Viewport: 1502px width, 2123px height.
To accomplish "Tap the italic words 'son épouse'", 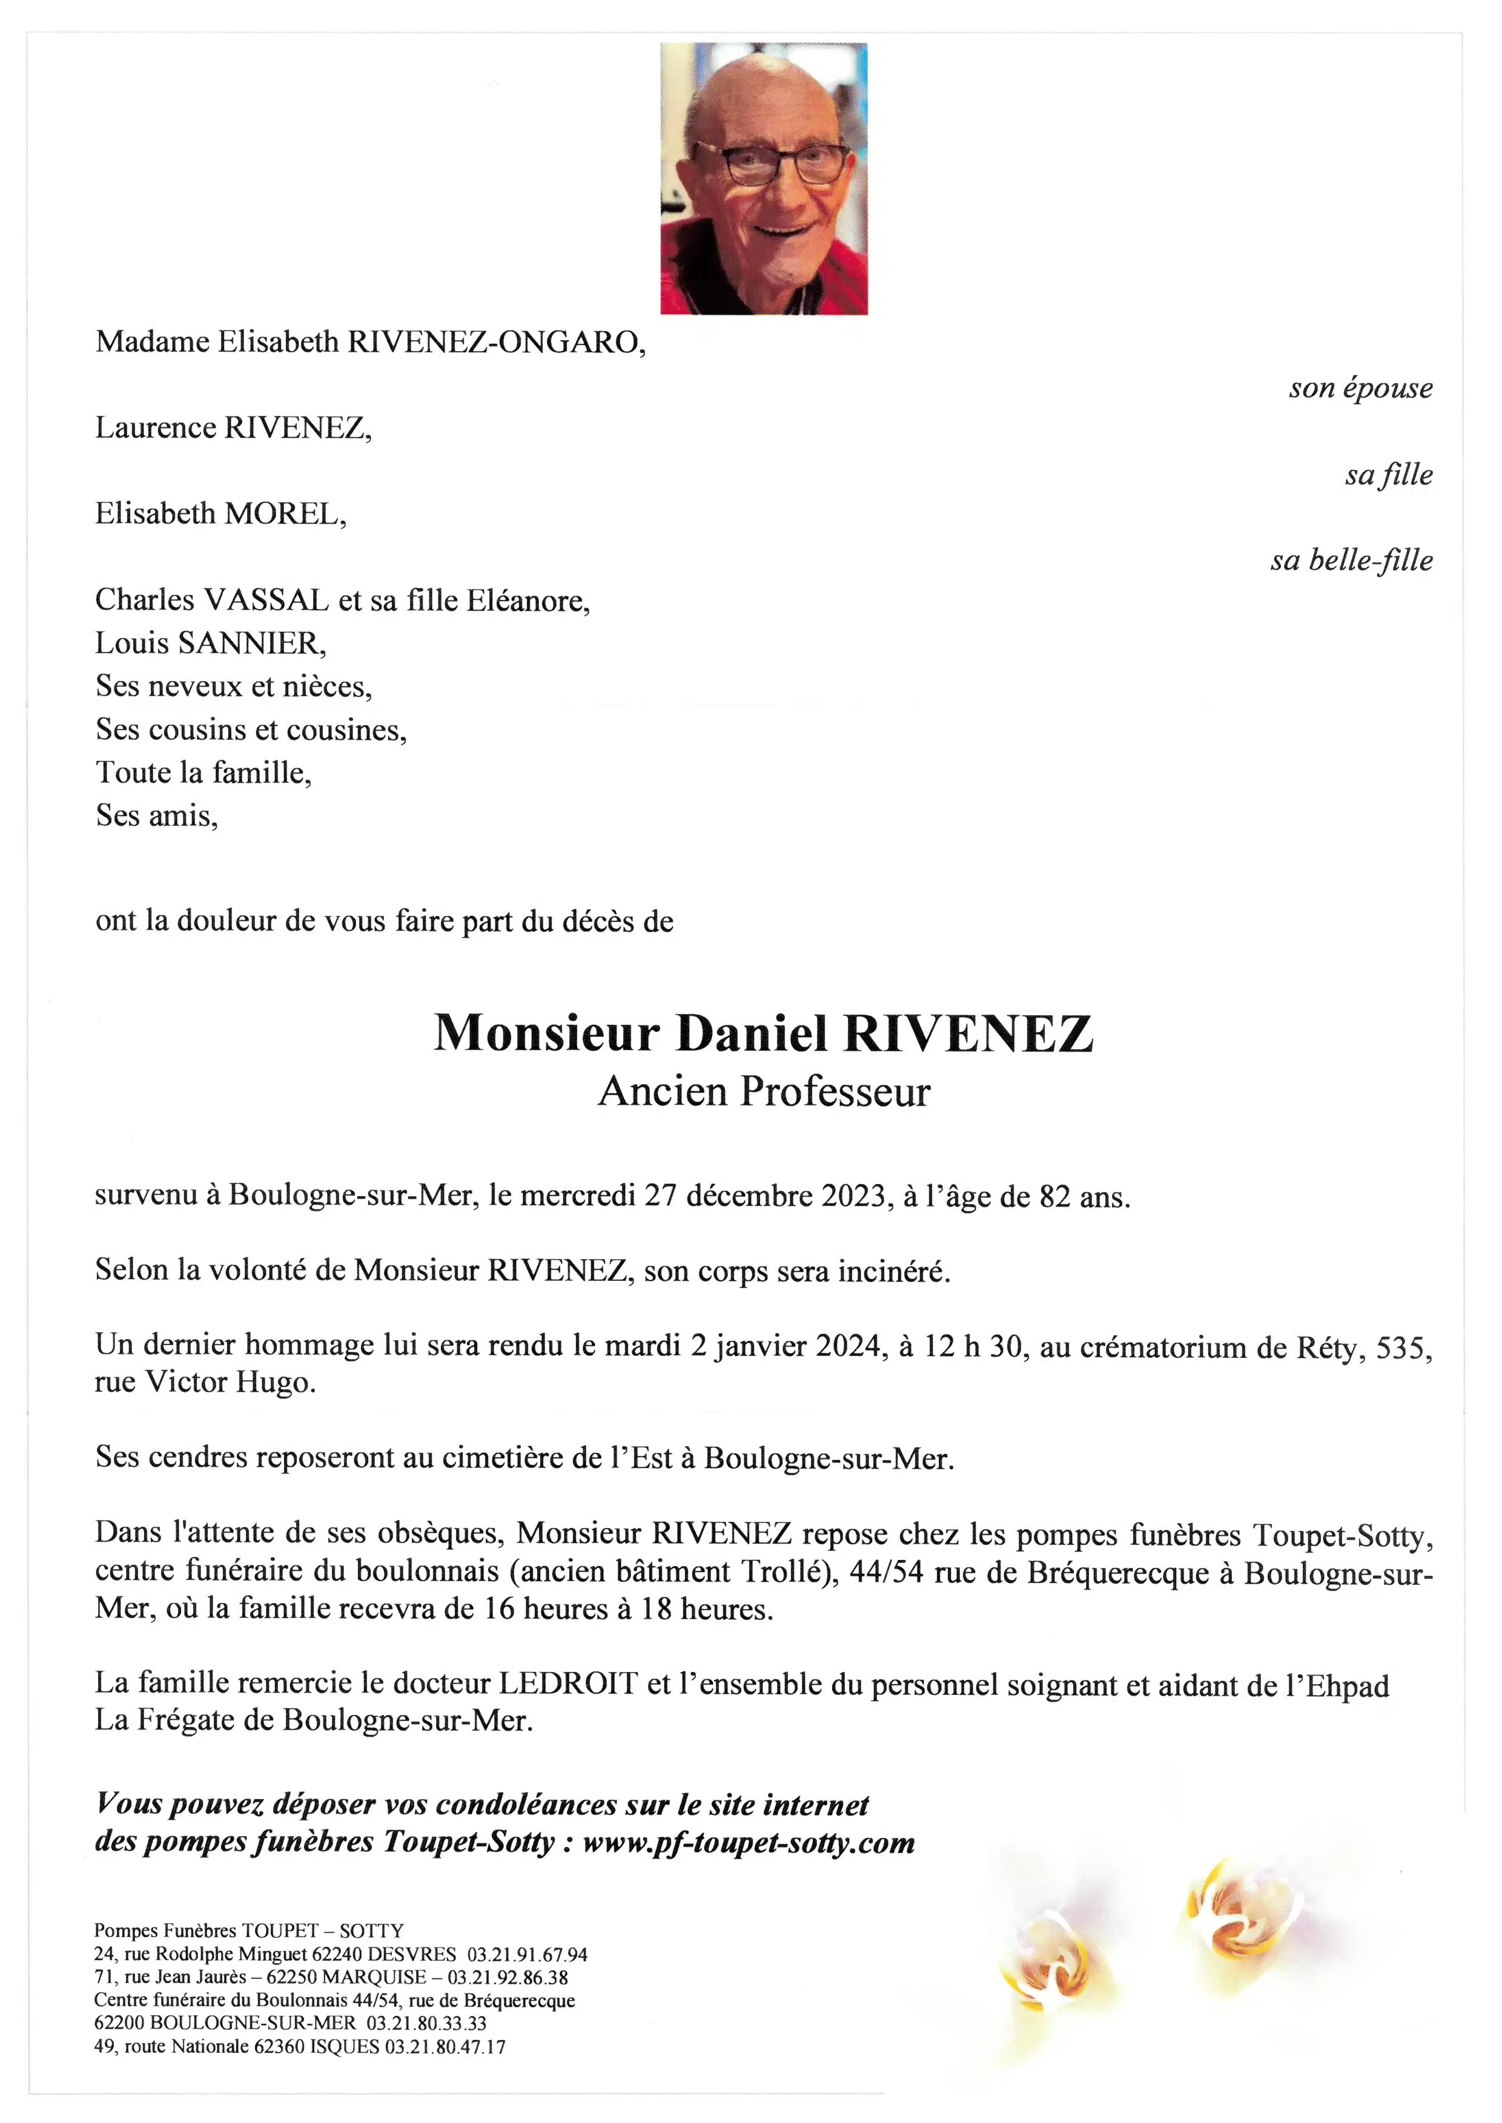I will click(x=1360, y=389).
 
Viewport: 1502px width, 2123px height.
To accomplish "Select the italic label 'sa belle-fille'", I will click(x=1351, y=561).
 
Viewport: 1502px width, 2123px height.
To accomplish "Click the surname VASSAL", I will click(x=265, y=601).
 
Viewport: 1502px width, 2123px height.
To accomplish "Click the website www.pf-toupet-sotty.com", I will click(x=748, y=1842).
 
